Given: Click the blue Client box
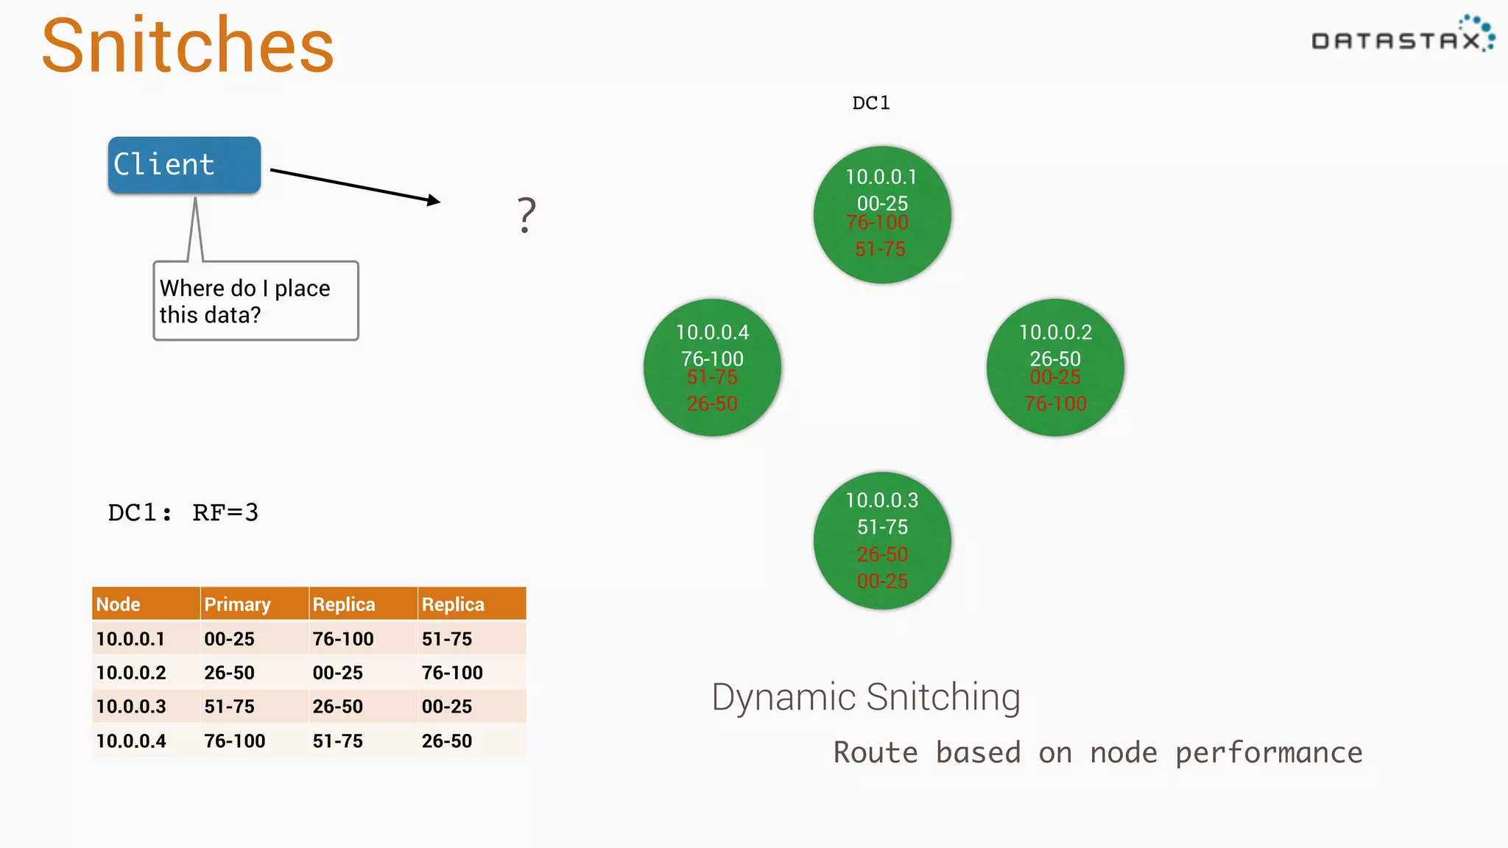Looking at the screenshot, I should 184,165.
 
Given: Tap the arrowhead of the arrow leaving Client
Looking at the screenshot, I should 434,200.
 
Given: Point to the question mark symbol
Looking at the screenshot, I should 526,215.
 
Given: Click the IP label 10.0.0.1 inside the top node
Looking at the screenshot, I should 881,177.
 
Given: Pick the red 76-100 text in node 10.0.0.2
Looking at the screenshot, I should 1055,403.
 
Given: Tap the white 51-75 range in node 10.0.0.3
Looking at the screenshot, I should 882,527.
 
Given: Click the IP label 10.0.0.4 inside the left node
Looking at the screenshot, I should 712,332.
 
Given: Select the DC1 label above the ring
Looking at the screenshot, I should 871,103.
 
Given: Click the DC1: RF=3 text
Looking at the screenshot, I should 183,512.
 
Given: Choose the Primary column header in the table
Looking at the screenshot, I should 237,604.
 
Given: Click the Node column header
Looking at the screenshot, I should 118,604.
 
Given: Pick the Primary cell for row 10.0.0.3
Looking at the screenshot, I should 229,707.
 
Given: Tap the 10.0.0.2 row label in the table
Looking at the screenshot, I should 131,673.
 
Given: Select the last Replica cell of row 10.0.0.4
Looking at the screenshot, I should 447,741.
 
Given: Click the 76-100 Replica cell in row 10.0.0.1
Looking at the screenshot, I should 343,639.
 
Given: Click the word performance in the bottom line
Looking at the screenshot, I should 1268,753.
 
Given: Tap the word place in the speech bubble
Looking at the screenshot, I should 302,289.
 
